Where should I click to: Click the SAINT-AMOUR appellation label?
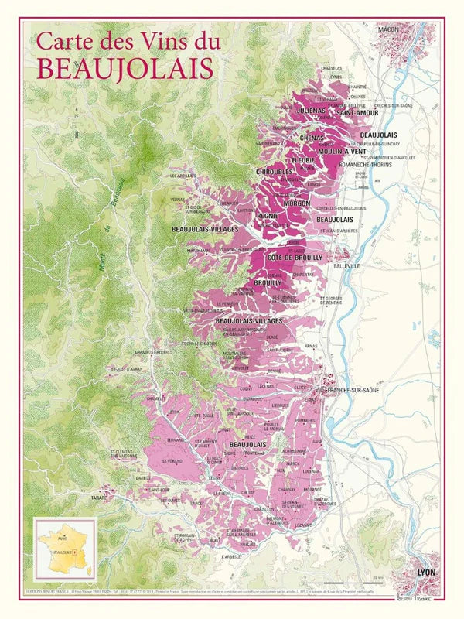point(356,114)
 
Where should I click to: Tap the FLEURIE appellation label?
point(302,160)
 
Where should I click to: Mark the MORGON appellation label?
point(297,203)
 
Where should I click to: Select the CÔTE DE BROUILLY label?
point(295,257)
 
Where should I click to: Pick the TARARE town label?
point(98,498)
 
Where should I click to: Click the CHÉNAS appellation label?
point(312,138)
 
